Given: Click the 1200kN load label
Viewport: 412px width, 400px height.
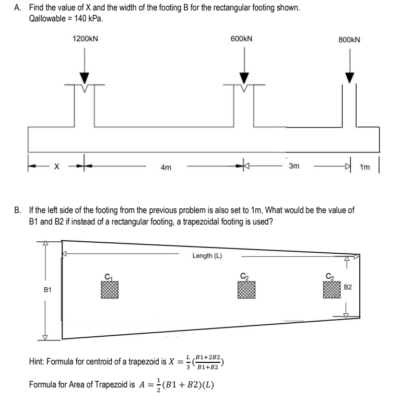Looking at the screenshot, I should (x=86, y=39).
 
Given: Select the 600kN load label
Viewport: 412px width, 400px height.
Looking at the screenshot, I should (x=242, y=39).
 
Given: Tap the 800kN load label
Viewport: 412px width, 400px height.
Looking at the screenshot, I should (x=349, y=40).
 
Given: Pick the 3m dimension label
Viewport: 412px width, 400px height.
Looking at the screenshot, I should (x=294, y=166).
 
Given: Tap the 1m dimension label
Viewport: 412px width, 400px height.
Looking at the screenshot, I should (x=364, y=167).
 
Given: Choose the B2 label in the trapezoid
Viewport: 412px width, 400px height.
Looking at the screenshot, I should (x=349, y=287).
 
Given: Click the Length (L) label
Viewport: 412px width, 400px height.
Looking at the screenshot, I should (x=207, y=255).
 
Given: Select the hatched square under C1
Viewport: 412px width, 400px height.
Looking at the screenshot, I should (x=110, y=290).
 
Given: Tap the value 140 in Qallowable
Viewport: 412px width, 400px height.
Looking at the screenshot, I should (x=80, y=18).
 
